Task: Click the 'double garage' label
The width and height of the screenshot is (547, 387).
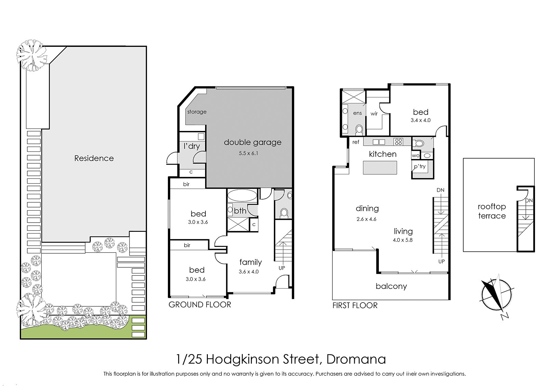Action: [253, 142]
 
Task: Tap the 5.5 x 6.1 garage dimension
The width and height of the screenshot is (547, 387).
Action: [248, 154]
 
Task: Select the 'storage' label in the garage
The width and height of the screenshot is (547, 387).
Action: [197, 112]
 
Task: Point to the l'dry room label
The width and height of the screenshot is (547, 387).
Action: [192, 146]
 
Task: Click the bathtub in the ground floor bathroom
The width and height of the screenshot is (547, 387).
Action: [242, 195]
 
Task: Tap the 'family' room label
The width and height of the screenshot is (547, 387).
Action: [251, 262]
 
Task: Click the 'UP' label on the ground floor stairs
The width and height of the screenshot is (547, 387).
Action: [282, 268]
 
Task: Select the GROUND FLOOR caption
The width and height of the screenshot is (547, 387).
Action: [200, 305]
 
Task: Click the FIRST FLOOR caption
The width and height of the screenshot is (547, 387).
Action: [355, 305]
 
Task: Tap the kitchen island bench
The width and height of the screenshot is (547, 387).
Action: [380, 168]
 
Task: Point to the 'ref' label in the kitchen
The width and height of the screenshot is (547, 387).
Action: [356, 142]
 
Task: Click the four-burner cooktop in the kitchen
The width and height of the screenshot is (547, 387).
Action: [398, 142]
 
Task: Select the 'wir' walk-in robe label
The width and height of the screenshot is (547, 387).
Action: [374, 114]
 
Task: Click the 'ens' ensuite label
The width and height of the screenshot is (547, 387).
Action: [358, 113]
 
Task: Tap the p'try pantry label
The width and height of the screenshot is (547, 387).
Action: [420, 167]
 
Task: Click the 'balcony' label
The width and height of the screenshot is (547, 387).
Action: [391, 286]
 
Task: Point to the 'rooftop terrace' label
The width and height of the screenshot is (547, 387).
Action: [492, 211]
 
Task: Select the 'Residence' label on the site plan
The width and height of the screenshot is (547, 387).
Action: [94, 158]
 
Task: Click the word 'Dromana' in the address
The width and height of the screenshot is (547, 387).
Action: [356, 359]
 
